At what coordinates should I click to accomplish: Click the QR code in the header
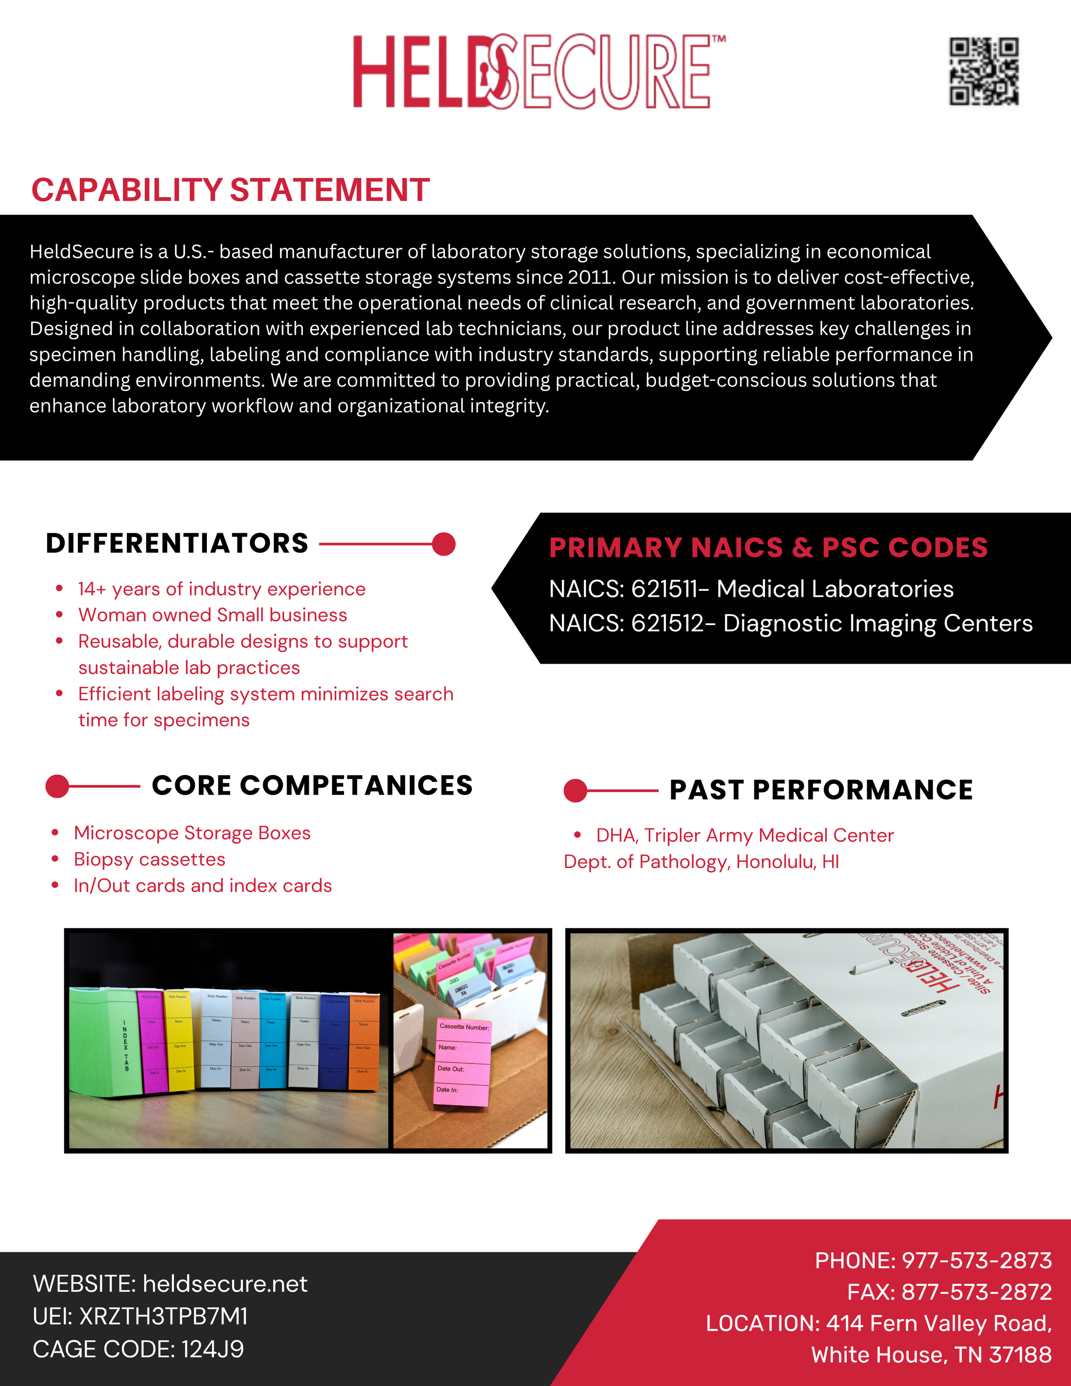click(984, 71)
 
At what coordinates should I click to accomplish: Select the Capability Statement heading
click(230, 190)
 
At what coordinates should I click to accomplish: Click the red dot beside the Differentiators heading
click(443, 544)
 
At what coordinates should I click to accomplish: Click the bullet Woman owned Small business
click(212, 615)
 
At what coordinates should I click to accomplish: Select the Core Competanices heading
click(312, 786)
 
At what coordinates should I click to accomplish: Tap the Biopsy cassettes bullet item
click(150, 859)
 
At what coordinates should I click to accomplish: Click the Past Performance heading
click(821, 790)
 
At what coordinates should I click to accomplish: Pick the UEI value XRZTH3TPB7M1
click(163, 1317)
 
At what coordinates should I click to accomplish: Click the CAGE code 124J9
click(212, 1349)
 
